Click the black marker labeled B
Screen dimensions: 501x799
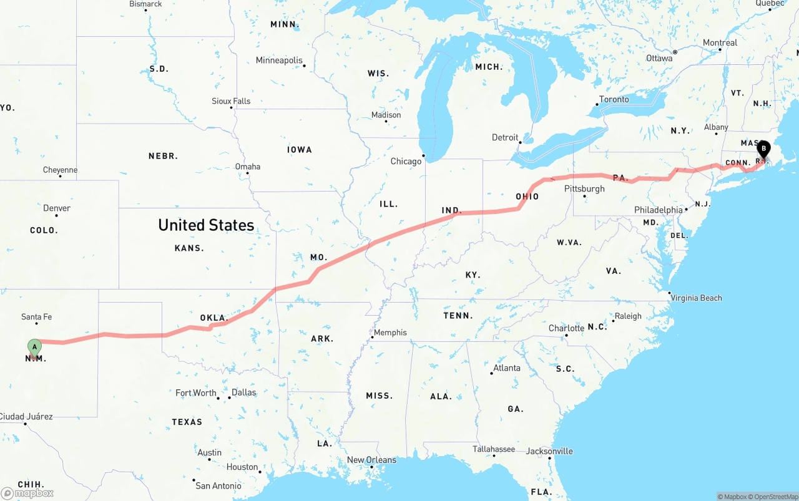(x=763, y=148)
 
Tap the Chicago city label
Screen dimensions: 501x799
(x=406, y=161)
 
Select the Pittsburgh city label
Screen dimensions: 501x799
(x=584, y=188)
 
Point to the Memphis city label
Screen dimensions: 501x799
(x=390, y=333)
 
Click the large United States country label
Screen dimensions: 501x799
(x=206, y=225)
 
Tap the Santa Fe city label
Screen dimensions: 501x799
(x=36, y=317)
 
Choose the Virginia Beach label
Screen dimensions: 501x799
(x=696, y=298)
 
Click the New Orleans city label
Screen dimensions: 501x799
(x=371, y=460)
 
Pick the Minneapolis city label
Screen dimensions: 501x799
(x=279, y=61)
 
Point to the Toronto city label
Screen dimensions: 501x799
(x=614, y=99)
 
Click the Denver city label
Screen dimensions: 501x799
(x=57, y=208)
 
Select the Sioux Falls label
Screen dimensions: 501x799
(x=231, y=101)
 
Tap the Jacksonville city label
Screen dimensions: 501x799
(x=549, y=451)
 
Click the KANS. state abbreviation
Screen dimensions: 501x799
(x=189, y=248)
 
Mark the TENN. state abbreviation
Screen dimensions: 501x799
(x=458, y=316)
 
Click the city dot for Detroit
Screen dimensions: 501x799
(x=520, y=142)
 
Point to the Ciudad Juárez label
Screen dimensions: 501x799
(x=26, y=416)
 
